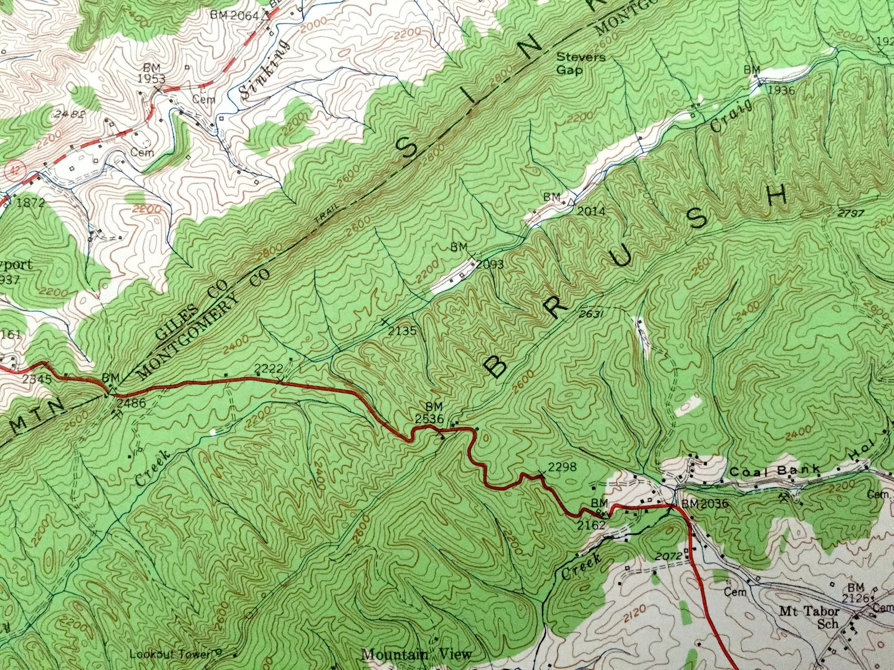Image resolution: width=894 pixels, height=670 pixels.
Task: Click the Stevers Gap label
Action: tap(573, 64)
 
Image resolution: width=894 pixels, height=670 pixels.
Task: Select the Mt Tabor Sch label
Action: tap(810, 617)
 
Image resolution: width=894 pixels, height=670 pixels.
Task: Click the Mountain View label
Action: tap(416, 654)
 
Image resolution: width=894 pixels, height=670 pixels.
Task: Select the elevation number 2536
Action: tap(430, 418)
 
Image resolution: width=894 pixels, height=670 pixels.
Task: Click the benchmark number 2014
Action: tap(591, 211)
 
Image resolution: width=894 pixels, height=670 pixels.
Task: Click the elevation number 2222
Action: tap(269, 368)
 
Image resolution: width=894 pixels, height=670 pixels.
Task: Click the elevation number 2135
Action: tap(403, 331)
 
